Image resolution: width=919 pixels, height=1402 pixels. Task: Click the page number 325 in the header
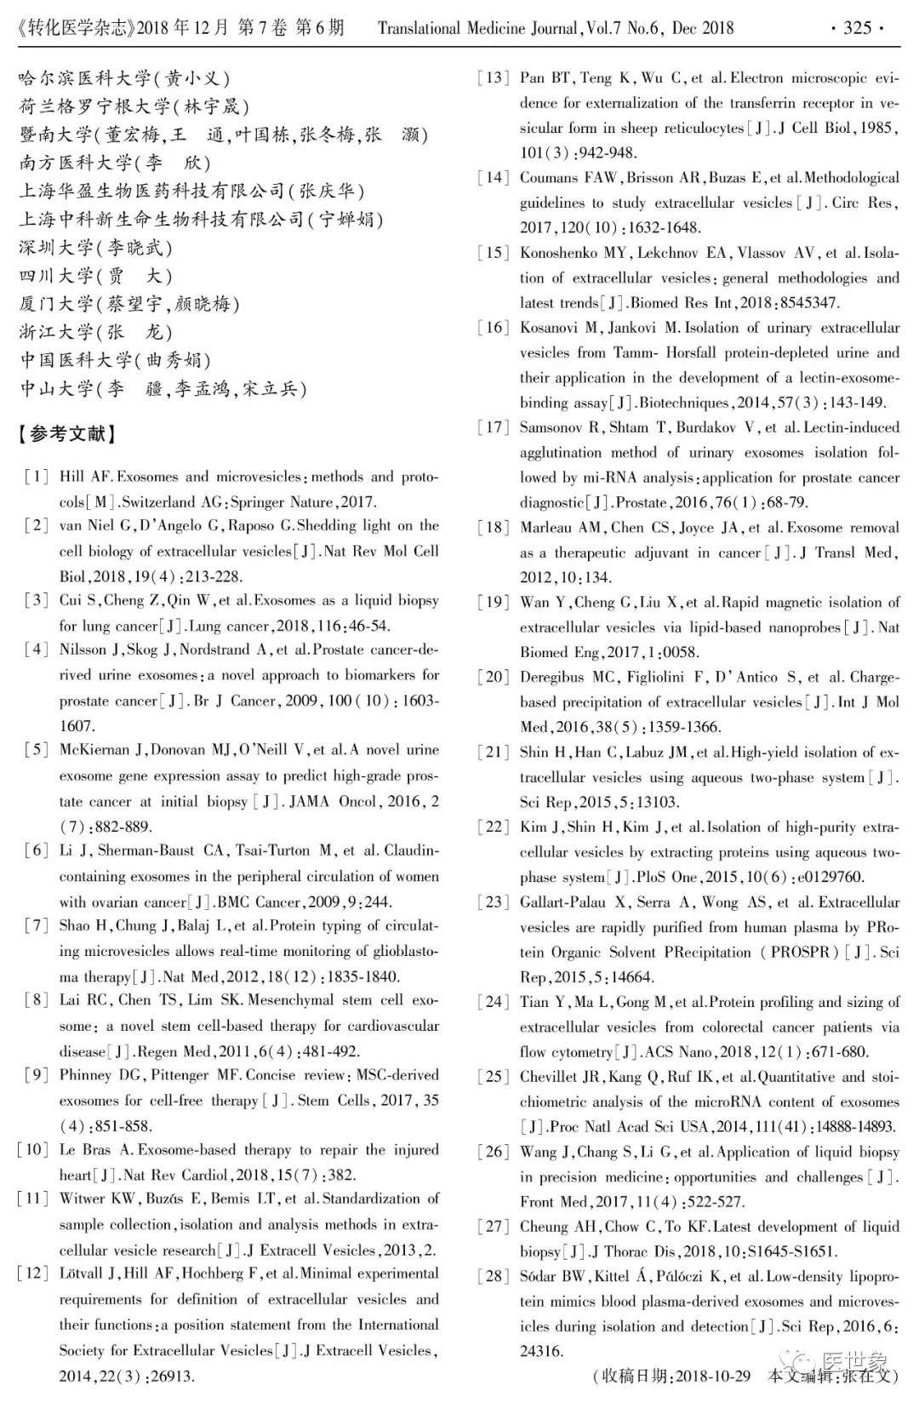pos(857,28)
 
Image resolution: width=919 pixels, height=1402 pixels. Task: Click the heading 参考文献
pos(66,434)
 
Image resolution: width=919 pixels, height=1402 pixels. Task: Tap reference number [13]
pos(493,78)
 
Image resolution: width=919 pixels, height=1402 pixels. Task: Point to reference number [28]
pos(493,1277)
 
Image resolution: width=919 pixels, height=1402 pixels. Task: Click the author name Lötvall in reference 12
pos(82,1274)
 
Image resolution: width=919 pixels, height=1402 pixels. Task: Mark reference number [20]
pos(493,678)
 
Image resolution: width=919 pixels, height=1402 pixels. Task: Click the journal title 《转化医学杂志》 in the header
pos(76,28)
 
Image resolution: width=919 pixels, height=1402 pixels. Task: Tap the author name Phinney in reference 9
pos(90,1075)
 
